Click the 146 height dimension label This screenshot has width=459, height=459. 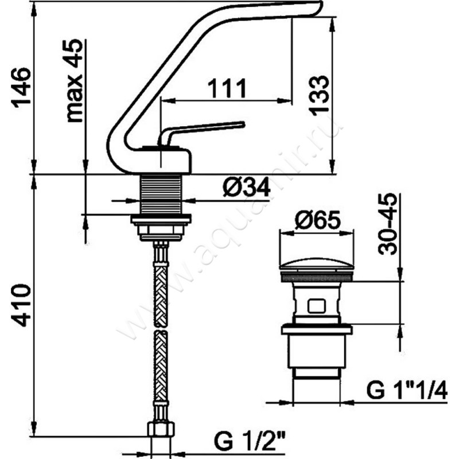(x=21, y=87)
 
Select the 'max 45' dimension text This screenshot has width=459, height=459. (x=73, y=80)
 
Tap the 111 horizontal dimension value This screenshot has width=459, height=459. (x=227, y=88)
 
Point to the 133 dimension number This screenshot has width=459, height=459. (x=319, y=95)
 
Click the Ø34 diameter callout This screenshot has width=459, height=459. (x=246, y=188)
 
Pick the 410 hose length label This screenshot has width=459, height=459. (x=21, y=305)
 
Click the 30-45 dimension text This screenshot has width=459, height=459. (x=388, y=224)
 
